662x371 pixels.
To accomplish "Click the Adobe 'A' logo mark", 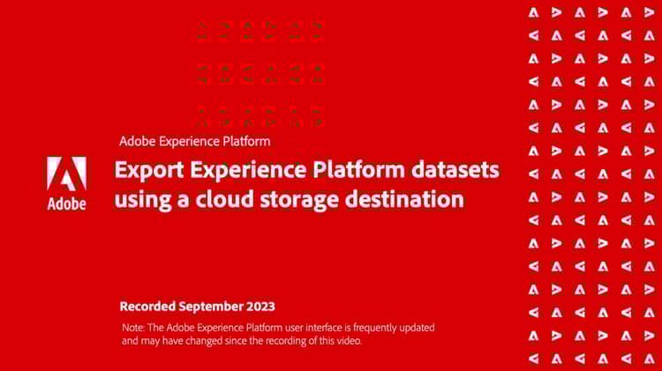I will pos(66,174).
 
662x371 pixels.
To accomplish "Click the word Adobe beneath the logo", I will pos(66,204).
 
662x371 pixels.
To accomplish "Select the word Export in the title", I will pos(145,170).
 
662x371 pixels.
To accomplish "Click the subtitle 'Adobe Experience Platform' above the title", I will pos(194,140).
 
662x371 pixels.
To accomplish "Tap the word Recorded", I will pos(147,307).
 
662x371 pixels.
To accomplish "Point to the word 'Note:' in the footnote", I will pos(133,327).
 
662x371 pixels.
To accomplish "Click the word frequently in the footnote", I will pos(369,327).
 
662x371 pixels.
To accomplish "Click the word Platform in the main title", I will pos(355,169).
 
